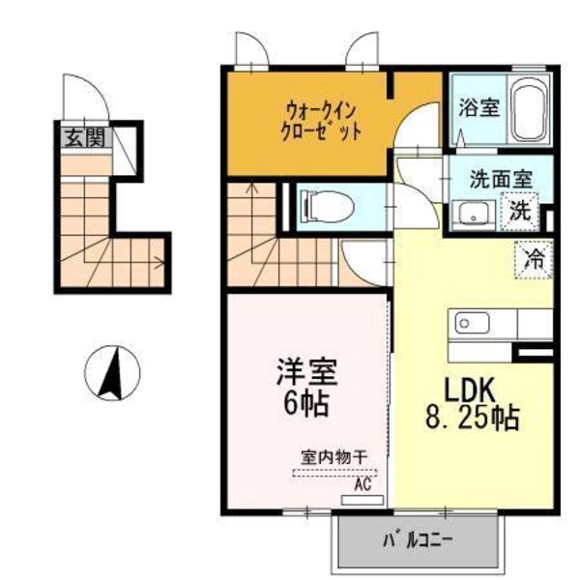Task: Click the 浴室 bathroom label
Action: pyautogui.click(x=478, y=107)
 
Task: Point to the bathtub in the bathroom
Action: pyautogui.click(x=529, y=111)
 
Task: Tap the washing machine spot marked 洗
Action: pyautogui.click(x=520, y=209)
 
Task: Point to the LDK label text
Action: pyautogui.click(x=470, y=391)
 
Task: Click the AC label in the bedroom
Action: pyautogui.click(x=363, y=485)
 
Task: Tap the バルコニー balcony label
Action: pyautogui.click(x=419, y=539)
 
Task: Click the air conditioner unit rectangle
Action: pyautogui.click(x=363, y=501)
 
